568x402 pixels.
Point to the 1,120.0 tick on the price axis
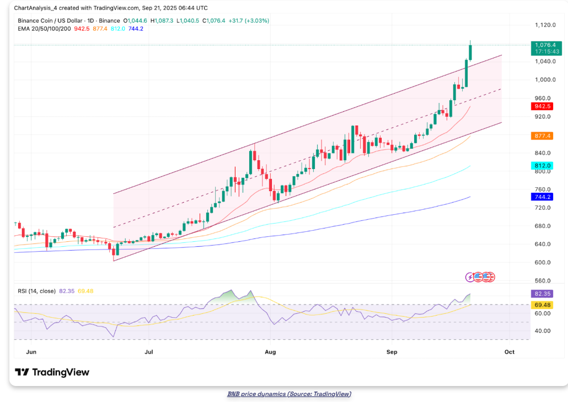pos(544,25)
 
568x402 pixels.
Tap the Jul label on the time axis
pos(148,351)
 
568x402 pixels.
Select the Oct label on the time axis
pos(509,351)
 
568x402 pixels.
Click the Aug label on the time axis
pos(270,351)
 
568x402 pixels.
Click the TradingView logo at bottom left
pos(52,372)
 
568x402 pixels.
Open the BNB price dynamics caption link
pos(289,394)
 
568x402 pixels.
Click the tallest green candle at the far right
pos(470,52)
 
